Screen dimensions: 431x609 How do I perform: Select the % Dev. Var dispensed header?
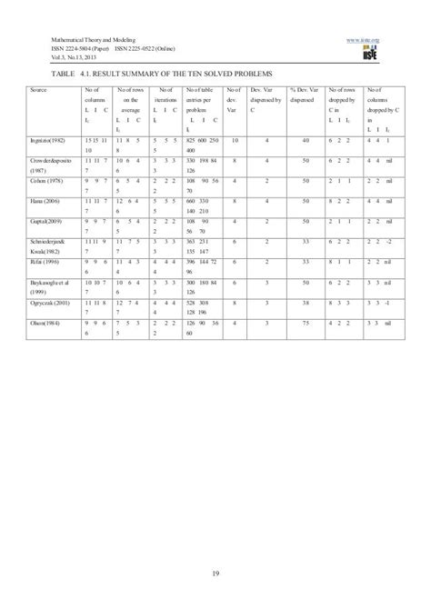click(x=303, y=95)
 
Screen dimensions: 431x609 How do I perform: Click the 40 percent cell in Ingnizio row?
click(x=306, y=143)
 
